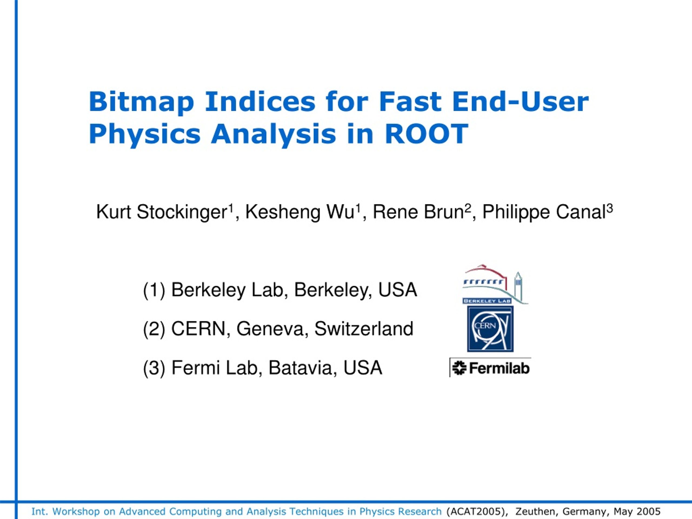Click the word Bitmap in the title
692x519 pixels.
141,102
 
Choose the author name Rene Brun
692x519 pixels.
418,212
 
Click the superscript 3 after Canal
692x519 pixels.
610,208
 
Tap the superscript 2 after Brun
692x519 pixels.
468,208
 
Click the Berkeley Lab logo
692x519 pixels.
495,284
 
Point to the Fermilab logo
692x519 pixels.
491,368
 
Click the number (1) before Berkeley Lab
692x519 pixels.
154,290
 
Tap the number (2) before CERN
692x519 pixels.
154,330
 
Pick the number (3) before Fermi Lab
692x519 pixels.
154,368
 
